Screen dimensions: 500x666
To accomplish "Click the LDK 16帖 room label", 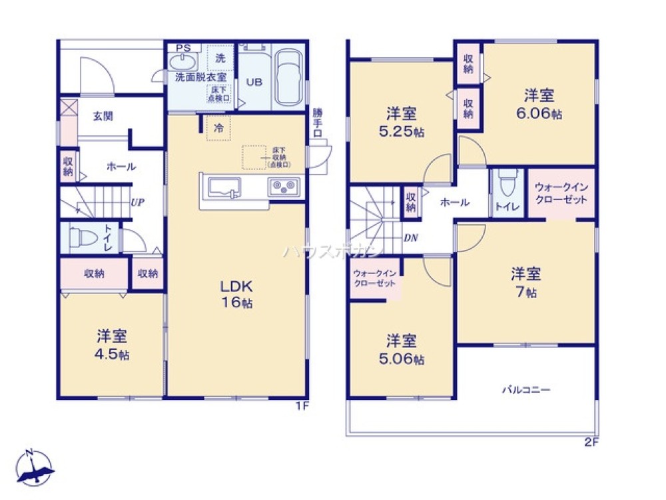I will pos(236,294).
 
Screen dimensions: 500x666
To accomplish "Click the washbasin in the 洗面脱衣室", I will pos(182,62).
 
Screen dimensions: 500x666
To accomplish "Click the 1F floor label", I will pos(302,406).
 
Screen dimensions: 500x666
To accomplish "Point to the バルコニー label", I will pos(526,389).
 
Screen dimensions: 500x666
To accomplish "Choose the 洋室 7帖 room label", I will pos(525,283).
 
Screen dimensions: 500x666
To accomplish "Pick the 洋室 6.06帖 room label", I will pos(538,104).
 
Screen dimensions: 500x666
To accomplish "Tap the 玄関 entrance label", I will pos(102,116).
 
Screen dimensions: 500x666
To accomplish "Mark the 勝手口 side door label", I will pos(318,123).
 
